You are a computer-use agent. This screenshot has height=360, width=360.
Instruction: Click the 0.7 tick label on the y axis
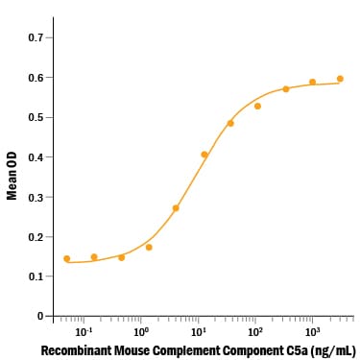click(x=36, y=37)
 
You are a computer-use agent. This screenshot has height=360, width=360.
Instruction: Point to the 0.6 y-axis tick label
click(x=36, y=78)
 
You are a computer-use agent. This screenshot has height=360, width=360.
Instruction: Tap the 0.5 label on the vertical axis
click(x=36, y=117)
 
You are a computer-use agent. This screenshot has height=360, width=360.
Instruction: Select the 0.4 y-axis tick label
click(x=36, y=157)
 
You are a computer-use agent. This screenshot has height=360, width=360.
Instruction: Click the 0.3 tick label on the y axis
click(x=36, y=197)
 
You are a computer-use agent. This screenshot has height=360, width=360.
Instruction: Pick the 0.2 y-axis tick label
click(x=36, y=237)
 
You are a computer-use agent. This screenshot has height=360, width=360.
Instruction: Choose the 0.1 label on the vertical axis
click(x=36, y=276)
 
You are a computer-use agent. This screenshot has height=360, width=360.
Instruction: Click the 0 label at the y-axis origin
click(x=40, y=316)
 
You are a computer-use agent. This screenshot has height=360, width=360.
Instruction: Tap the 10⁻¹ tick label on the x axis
click(x=83, y=332)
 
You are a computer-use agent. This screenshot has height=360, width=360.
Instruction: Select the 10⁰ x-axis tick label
click(x=140, y=332)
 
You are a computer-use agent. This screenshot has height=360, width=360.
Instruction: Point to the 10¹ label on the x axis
click(x=198, y=332)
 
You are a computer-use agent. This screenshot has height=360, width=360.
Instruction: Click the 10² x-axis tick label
click(x=254, y=332)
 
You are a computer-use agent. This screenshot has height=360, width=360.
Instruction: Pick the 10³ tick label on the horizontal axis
click(x=311, y=332)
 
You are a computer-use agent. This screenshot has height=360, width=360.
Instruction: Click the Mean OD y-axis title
click(x=12, y=177)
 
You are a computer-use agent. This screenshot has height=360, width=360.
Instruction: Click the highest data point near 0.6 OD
click(x=340, y=79)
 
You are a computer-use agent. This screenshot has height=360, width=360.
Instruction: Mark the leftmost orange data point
click(x=67, y=259)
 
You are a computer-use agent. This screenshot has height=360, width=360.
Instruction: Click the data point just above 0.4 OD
click(x=204, y=155)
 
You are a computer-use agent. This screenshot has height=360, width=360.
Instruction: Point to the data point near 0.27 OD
click(x=176, y=208)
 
